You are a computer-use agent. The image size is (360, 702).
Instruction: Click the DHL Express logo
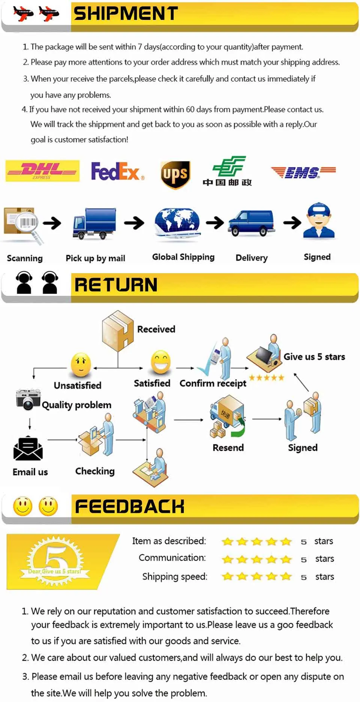[x=42, y=171]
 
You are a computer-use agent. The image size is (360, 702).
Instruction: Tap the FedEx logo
[x=117, y=171]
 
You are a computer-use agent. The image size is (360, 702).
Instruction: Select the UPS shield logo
[x=175, y=174]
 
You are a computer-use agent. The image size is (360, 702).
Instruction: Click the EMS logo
[x=303, y=172]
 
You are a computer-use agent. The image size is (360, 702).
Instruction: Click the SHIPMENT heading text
[x=126, y=14]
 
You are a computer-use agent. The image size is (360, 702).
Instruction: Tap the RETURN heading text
[x=116, y=285]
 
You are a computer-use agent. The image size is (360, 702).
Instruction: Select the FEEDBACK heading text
[x=130, y=507]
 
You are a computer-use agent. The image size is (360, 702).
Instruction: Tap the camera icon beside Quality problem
[x=28, y=400]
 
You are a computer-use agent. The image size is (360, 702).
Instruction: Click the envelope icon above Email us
[x=28, y=448]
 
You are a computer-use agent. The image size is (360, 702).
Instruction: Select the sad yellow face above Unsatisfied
[x=81, y=364]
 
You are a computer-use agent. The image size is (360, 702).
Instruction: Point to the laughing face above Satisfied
[x=160, y=362]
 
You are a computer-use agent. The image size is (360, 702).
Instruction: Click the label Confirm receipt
[x=213, y=383]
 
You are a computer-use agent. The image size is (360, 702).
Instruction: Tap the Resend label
[x=228, y=448]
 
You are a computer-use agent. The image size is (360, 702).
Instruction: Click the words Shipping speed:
[x=174, y=577]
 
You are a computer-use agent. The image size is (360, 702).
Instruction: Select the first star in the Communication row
[x=228, y=559]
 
